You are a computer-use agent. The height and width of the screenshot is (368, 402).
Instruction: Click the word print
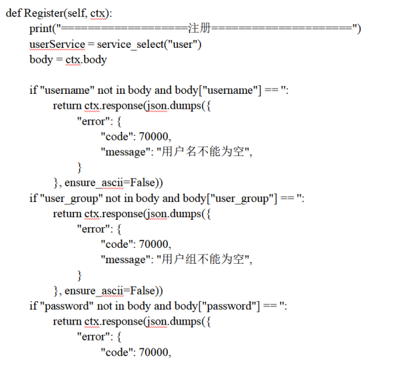pos(41,29)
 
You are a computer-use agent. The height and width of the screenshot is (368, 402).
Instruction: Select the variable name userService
pos(57,44)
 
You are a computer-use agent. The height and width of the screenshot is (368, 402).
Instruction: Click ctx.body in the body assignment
pos(86,60)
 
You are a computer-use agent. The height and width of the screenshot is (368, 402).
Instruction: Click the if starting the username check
pos(33,90)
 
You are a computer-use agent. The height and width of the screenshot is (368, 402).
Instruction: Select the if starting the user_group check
pos(33,198)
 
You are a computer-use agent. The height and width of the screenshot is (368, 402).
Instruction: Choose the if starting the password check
pos(33,306)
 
